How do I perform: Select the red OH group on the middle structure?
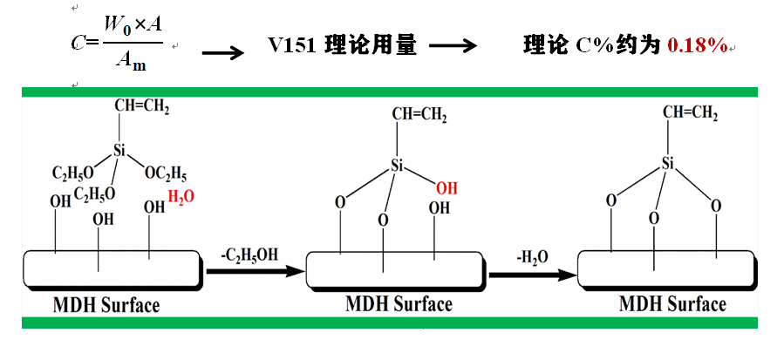[x=447, y=187]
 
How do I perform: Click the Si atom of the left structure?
[x=119, y=152]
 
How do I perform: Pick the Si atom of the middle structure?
[x=398, y=165]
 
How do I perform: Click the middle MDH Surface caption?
[x=399, y=304]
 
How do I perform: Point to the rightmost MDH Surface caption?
[x=672, y=303]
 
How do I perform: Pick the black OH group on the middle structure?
[x=439, y=208]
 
